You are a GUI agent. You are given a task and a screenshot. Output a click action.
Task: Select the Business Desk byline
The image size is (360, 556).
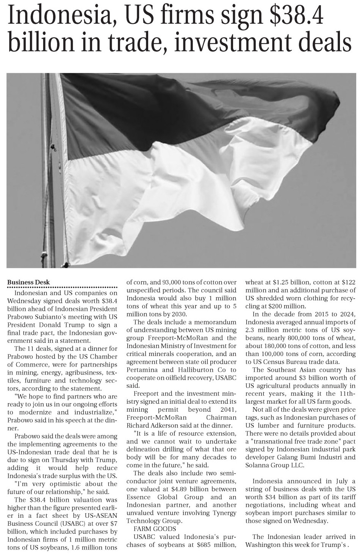[28, 282]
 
